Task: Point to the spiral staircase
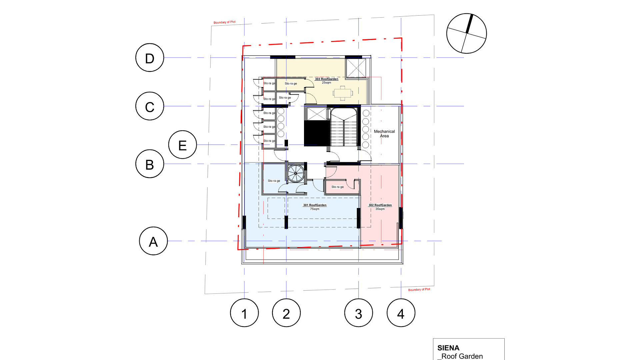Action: [296, 173]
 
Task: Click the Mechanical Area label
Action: [384, 134]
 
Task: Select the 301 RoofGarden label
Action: [315, 205]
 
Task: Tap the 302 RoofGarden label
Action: [380, 205]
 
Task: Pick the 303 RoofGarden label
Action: [326, 79]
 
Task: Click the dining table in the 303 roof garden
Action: [343, 93]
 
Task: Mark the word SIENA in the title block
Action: [448, 348]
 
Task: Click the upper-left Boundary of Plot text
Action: [224, 22]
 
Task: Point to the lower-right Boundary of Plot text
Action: [419, 289]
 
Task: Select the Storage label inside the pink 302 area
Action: [337, 187]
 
